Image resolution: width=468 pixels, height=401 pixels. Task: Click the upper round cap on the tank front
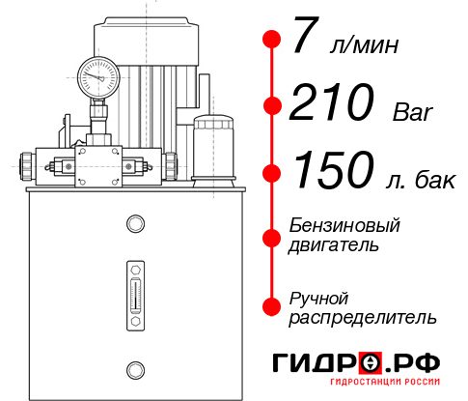click(134, 224)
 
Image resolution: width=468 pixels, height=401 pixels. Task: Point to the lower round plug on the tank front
click(134, 367)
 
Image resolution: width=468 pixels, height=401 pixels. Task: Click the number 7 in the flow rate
click(305, 40)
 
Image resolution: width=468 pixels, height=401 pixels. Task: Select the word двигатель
click(334, 245)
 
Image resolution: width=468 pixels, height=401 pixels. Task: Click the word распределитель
click(362, 317)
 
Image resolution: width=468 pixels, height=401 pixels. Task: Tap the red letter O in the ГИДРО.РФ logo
click(372, 364)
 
